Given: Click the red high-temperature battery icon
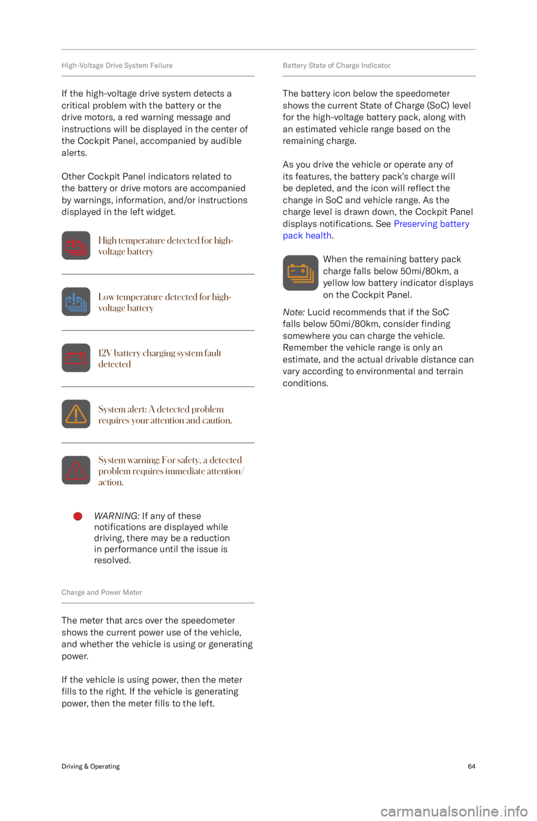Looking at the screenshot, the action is tap(76, 246).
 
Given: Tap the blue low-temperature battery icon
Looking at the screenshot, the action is tap(76, 301).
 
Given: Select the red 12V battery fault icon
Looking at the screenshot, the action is tap(76, 358).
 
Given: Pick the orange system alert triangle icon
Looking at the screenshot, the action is tap(76, 414).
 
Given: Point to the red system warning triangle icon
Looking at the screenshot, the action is tap(76, 470).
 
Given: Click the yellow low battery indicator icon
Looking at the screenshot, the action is tap(300, 273).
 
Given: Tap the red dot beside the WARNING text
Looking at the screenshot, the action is tap(78, 516).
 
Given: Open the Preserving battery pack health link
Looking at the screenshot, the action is tap(376, 229).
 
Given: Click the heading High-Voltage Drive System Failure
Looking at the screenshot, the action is tap(117, 65).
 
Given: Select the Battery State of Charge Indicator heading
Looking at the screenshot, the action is tap(337, 65).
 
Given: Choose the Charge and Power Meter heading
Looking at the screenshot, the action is tap(102, 592).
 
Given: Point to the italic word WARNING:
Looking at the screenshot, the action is tap(117, 516).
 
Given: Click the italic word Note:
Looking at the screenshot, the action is tap(294, 312).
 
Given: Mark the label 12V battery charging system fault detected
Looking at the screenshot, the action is tap(160, 358).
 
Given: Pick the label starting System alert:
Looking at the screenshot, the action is tap(165, 414).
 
